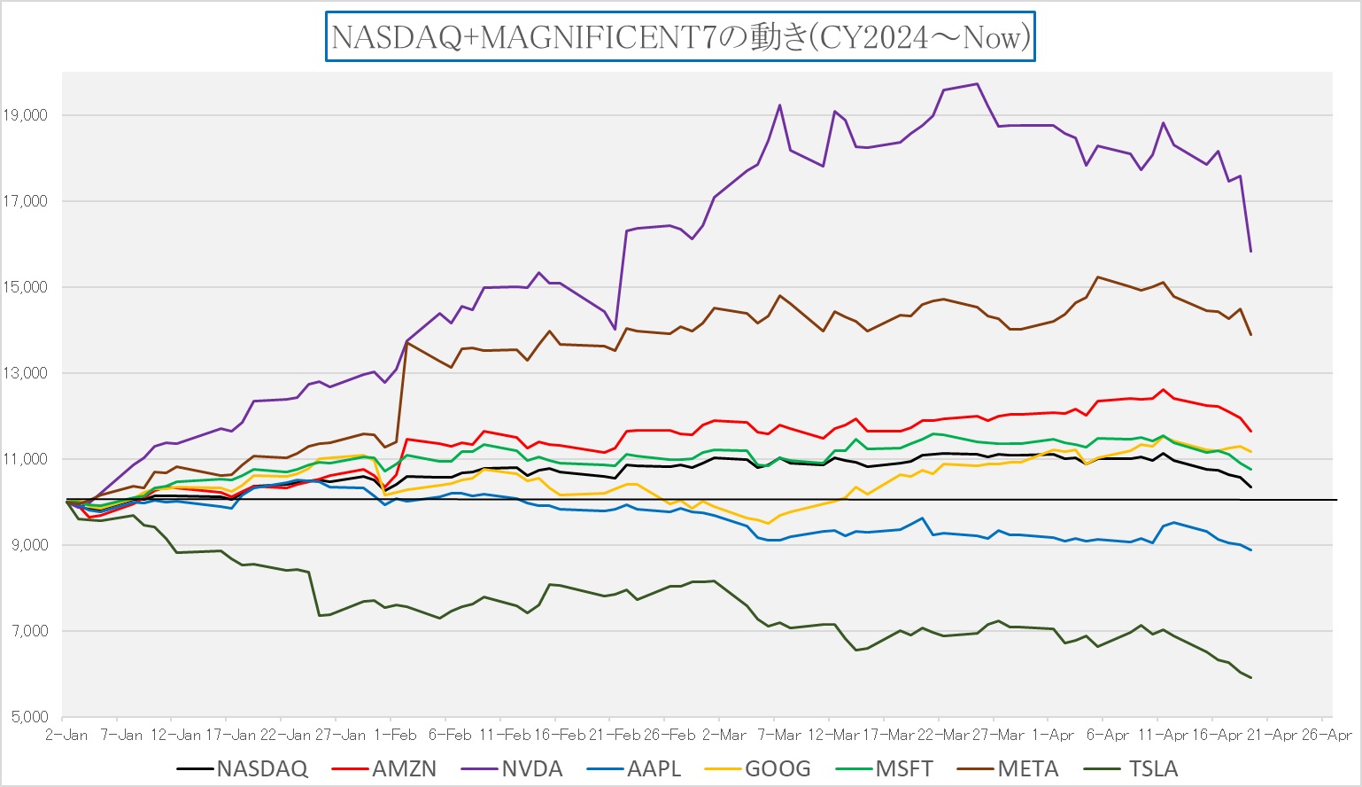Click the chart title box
680,37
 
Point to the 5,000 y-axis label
28,717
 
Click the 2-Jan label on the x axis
67,736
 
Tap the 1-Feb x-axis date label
395,736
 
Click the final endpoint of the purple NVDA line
1250,252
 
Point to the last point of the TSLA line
1250,678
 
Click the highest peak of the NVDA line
977,84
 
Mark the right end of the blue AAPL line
1250,550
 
